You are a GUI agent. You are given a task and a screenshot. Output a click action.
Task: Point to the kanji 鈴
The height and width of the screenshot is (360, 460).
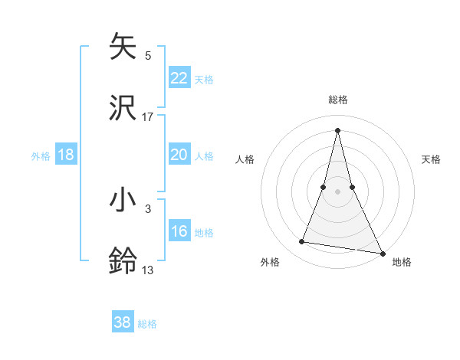coord(124,260)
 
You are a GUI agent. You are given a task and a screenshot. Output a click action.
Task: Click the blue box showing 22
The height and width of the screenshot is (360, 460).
coord(179,78)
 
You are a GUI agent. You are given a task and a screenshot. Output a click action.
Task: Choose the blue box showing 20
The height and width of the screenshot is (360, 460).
coord(179,155)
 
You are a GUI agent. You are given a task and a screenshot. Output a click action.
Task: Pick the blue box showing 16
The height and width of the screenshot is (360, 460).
coord(179,231)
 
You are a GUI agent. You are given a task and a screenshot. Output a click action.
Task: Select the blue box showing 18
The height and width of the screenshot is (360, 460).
coord(66,155)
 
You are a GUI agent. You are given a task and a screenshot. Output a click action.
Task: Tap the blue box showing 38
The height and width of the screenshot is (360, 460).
coord(123,322)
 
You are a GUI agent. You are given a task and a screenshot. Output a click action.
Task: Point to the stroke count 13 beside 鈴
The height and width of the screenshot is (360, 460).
coord(148,270)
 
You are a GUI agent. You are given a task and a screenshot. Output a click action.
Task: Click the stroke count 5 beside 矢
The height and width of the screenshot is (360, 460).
coord(148,55)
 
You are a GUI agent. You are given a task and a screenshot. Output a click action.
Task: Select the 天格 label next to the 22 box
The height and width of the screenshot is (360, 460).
coord(204,79)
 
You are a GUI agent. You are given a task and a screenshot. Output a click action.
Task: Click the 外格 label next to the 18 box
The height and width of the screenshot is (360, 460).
coord(41,155)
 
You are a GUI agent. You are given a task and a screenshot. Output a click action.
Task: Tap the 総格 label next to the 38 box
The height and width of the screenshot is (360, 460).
coord(147,323)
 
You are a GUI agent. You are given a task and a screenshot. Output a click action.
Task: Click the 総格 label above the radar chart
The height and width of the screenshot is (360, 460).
coord(338,100)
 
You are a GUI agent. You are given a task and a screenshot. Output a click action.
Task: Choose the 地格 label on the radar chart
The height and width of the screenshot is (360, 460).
coord(402,262)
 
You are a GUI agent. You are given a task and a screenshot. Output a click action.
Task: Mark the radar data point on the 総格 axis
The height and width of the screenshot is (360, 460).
coord(338,129)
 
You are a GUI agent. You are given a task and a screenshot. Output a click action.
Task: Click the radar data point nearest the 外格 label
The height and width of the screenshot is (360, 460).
coord(302,242)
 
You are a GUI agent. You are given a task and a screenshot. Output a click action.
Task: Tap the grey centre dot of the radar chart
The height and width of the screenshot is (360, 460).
coord(338,191)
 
